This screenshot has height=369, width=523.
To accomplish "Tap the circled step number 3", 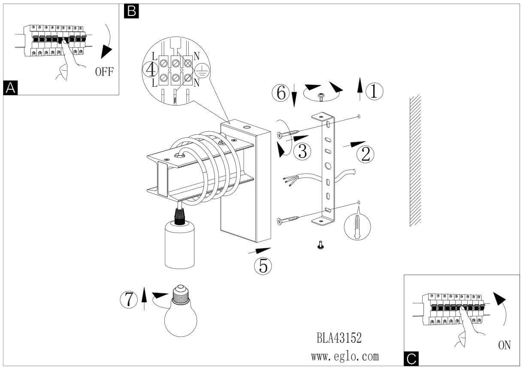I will (x=302, y=151).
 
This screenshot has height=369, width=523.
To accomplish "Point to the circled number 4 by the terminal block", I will (x=150, y=69).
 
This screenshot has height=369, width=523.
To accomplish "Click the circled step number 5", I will (x=263, y=266).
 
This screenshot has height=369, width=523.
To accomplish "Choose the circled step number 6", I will (x=281, y=92).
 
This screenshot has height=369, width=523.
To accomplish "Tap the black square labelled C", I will (x=411, y=358).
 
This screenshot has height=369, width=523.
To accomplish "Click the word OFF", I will (x=104, y=71).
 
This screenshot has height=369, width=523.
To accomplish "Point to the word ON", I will (x=504, y=345).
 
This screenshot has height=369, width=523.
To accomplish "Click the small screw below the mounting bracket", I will (x=320, y=245).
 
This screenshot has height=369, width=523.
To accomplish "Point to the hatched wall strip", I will (x=415, y=160).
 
